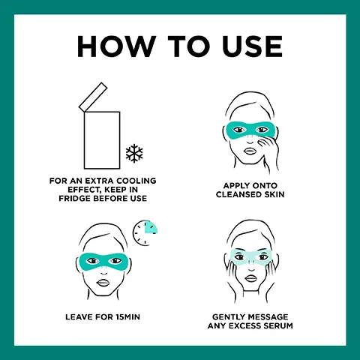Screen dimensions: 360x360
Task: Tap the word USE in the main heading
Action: pyautogui.click(x=252, y=46)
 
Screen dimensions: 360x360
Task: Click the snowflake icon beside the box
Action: pyautogui.click(x=134, y=153)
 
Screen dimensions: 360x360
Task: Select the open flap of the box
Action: pyautogui.click(x=93, y=97)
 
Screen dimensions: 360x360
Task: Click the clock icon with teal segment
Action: pyautogui.click(x=145, y=232)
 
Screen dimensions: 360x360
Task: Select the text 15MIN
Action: pyautogui.click(x=128, y=317)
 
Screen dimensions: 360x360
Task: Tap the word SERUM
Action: pyautogui.click(x=277, y=325)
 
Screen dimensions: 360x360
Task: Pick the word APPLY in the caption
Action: pyautogui.click(x=237, y=186)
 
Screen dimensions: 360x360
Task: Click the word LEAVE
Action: pyautogui.click(x=79, y=317)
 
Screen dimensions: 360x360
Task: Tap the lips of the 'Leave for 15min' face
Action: pyautogui.click(x=103, y=282)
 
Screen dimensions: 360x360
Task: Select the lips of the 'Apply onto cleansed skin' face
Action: pyautogui.click(x=250, y=151)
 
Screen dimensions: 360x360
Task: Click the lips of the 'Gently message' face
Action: pyautogui.click(x=250, y=279)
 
